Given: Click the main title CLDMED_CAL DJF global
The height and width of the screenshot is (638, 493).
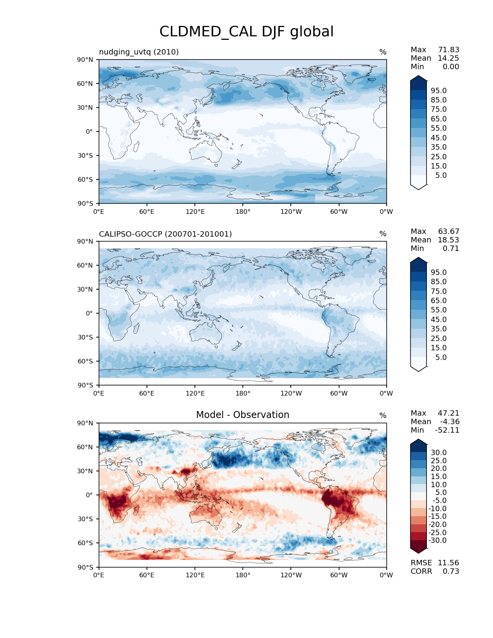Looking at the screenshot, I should pos(246,32).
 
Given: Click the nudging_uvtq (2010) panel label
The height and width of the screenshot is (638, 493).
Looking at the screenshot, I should pos(139,52).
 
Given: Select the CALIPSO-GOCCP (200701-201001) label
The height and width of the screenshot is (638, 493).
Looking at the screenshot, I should pos(165,234).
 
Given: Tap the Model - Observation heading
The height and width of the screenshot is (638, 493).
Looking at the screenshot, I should pos(242,415).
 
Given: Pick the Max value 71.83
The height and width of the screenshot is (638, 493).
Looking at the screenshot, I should pos(449,50).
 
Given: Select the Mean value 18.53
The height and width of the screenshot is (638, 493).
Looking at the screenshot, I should pos(448,240).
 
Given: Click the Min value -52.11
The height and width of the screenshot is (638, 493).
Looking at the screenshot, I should pos(447,430).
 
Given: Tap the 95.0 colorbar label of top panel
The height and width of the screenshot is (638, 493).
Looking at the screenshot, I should pos(438,91).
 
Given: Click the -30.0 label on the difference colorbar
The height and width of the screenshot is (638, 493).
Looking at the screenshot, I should pos(437,541).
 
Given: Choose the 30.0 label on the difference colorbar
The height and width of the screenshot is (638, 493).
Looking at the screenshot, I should pos(438,453).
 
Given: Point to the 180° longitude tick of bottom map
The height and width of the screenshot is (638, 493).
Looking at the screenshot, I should pos(243,575).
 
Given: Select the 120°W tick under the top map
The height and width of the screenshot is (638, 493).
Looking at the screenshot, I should pos(291,212).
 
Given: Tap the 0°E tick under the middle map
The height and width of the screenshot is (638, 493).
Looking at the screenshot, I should pos(99,394).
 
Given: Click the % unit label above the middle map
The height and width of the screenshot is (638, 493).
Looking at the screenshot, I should pos(383,234).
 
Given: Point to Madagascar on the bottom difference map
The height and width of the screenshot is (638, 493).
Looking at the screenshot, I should pos(136,510).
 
